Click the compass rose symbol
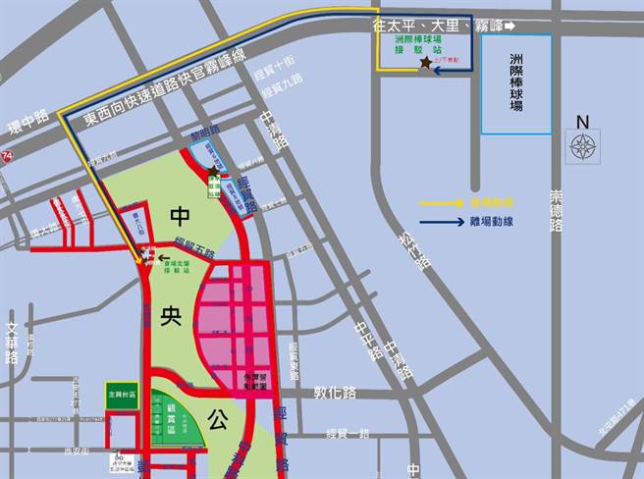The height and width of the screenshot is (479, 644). pos(583,148)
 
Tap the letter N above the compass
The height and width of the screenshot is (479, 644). pos(583,122)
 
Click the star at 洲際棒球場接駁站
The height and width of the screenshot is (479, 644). pos(425,63)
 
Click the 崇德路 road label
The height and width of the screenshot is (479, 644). pos(557,210)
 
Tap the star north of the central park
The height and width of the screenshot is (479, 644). pos(213,171)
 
